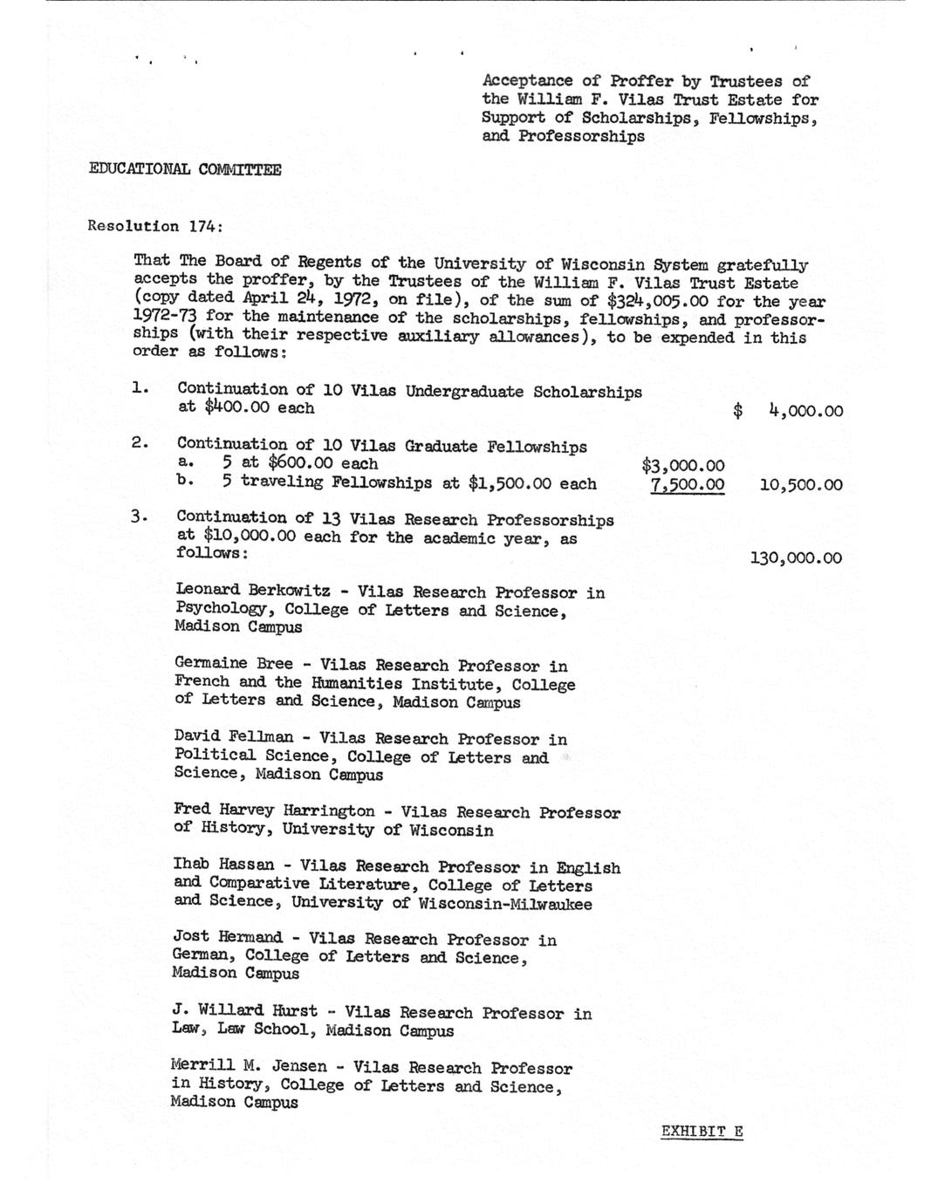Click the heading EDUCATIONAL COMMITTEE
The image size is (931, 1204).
(185, 169)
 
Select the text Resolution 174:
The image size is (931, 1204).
(155, 226)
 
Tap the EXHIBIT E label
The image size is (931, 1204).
(702, 1132)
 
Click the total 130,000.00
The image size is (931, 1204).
(796, 558)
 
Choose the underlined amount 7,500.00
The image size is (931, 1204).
(687, 485)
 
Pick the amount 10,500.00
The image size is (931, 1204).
(801, 485)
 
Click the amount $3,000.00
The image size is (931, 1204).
(682, 466)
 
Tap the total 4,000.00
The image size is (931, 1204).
(805, 411)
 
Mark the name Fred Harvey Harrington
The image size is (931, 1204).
(274, 811)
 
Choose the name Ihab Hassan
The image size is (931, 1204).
(222, 865)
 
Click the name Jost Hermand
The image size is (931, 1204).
(227, 938)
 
